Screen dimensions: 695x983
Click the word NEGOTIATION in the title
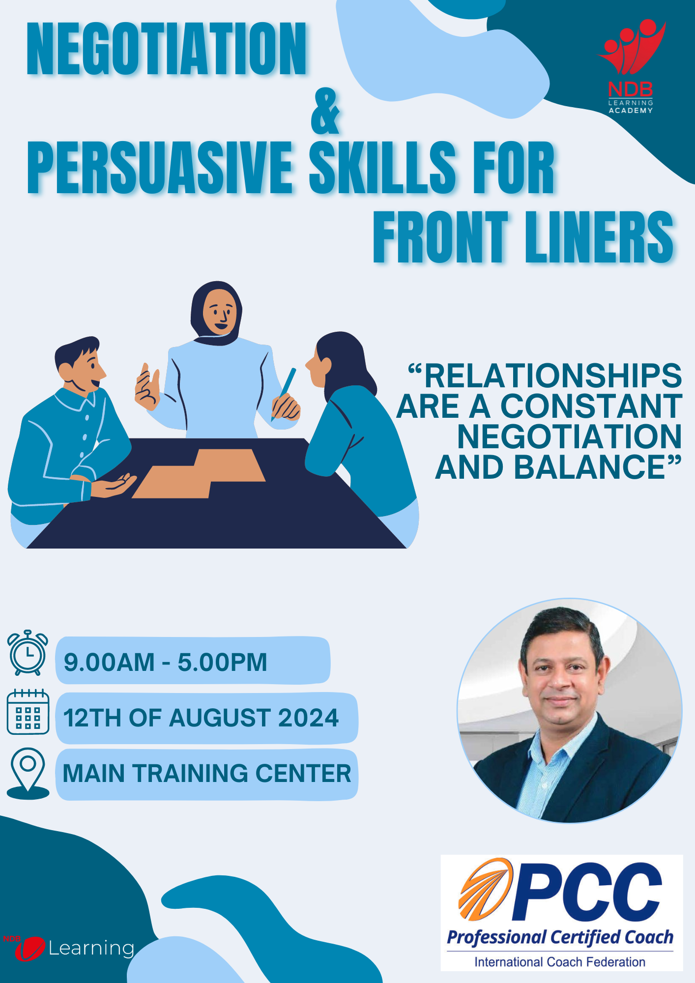[x=167, y=49]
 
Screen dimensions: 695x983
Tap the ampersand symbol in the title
[x=325, y=112]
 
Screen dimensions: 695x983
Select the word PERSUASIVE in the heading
[x=160, y=167]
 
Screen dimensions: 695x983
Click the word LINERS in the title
[x=600, y=238]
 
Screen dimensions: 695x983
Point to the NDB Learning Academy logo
[x=631, y=66]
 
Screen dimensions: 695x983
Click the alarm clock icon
[x=28, y=653]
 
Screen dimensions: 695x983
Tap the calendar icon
[x=28, y=712]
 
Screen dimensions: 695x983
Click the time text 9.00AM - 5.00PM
[x=165, y=662]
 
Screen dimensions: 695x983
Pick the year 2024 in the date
[x=308, y=718]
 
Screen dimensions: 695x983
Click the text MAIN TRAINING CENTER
[x=207, y=773]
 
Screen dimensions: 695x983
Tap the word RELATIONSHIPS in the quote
[x=553, y=376]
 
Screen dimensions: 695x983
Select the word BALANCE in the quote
[x=590, y=467]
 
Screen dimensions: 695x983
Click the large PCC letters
[x=588, y=892]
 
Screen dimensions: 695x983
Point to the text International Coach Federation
[x=560, y=962]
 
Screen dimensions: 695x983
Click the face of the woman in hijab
[x=220, y=312]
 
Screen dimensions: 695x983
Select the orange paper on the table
[x=199, y=473]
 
